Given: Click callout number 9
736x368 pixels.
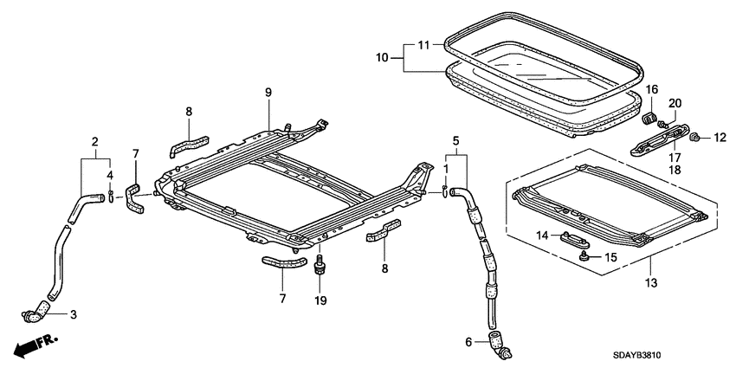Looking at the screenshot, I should pyautogui.click(x=268, y=93).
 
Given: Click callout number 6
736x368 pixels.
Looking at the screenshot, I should pyautogui.click(x=469, y=342).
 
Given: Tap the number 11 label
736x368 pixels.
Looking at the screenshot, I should pyautogui.click(x=423, y=44).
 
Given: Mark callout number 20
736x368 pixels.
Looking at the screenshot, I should pyautogui.click(x=675, y=104).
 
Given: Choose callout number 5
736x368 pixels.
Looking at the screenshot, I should pyautogui.click(x=454, y=139).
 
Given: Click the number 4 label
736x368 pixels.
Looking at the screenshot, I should pyautogui.click(x=110, y=177).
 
